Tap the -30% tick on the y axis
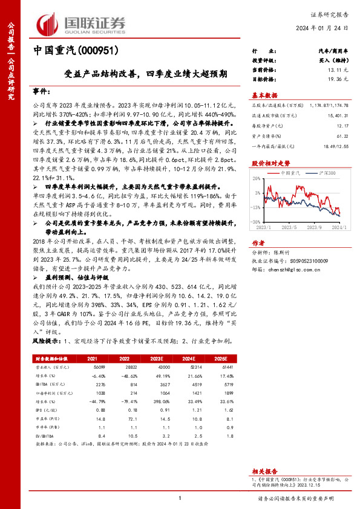pyautogui.click(x=257, y=221)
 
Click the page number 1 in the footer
pyautogui.click(x=180, y=498)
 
